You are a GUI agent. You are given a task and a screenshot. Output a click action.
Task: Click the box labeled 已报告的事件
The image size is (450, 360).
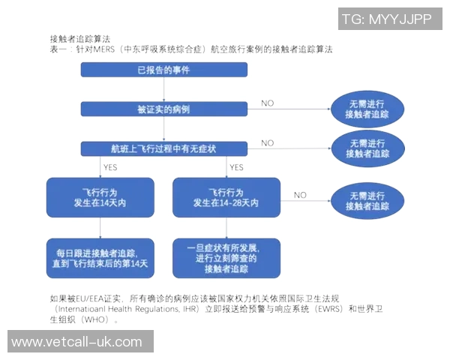tap(164, 70)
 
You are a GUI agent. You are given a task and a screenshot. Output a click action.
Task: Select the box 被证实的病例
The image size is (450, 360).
tap(164, 109)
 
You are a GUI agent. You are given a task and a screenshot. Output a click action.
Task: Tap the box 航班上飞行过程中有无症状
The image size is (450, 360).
tap(164, 148)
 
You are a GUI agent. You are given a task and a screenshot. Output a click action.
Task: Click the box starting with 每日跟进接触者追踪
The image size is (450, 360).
tap(100, 257)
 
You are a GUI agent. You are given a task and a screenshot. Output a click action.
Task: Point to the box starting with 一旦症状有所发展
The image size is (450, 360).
tap(226, 257)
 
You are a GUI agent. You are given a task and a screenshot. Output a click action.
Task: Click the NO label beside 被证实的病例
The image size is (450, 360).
tap(267, 103)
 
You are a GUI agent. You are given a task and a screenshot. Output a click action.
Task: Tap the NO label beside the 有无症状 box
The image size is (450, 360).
tap(267, 142)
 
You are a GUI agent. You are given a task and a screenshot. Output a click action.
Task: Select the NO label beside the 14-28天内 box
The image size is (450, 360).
tap(300, 195)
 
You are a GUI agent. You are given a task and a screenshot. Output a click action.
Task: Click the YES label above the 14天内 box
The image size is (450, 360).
tap(110, 167)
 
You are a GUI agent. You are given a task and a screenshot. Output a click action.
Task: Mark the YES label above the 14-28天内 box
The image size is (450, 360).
tap(236, 167)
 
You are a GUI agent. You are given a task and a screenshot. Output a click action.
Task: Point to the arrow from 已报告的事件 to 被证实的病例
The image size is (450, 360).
tap(164, 90)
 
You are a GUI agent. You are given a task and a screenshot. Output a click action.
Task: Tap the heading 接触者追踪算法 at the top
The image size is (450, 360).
tap(79, 37)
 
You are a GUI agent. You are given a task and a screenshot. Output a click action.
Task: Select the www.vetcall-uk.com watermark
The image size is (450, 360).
tap(76, 342)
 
